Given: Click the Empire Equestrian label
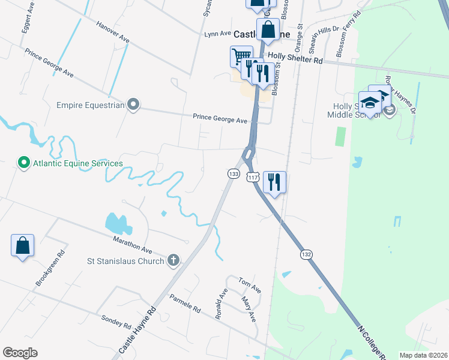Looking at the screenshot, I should point(90,105).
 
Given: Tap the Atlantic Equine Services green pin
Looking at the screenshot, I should point(23,163).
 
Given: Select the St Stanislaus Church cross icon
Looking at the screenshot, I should point(173,260).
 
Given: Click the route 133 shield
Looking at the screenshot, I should point(234,173).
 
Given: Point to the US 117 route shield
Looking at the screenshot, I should point(253,178).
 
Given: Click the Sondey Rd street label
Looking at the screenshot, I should point(116,322).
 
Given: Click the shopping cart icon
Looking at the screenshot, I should point(241,56).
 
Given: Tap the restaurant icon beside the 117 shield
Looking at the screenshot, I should point(274,181).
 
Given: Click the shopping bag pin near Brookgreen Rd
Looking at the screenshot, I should point(22,245).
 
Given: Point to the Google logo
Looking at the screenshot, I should point(20,353).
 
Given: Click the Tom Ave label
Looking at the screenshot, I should point(250,286).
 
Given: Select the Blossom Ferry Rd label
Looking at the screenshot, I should point(349,34).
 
